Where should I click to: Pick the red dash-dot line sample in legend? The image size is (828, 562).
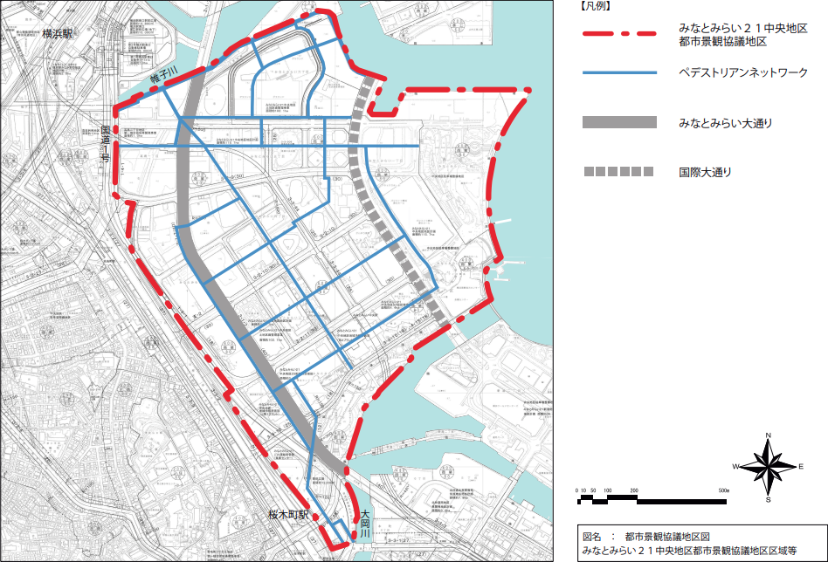tap(618, 34)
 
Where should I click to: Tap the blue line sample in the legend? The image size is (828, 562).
tap(618, 73)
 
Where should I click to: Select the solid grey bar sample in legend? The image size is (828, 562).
tap(618, 123)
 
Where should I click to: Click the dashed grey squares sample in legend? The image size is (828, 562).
tap(618, 172)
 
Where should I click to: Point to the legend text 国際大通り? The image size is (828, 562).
tap(705, 172)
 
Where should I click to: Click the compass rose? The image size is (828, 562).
tap(768, 467)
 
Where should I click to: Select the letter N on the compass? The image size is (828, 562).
tap(768, 435)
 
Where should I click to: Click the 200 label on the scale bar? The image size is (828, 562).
tap(633, 492)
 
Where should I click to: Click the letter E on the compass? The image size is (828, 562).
tap(800, 467)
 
